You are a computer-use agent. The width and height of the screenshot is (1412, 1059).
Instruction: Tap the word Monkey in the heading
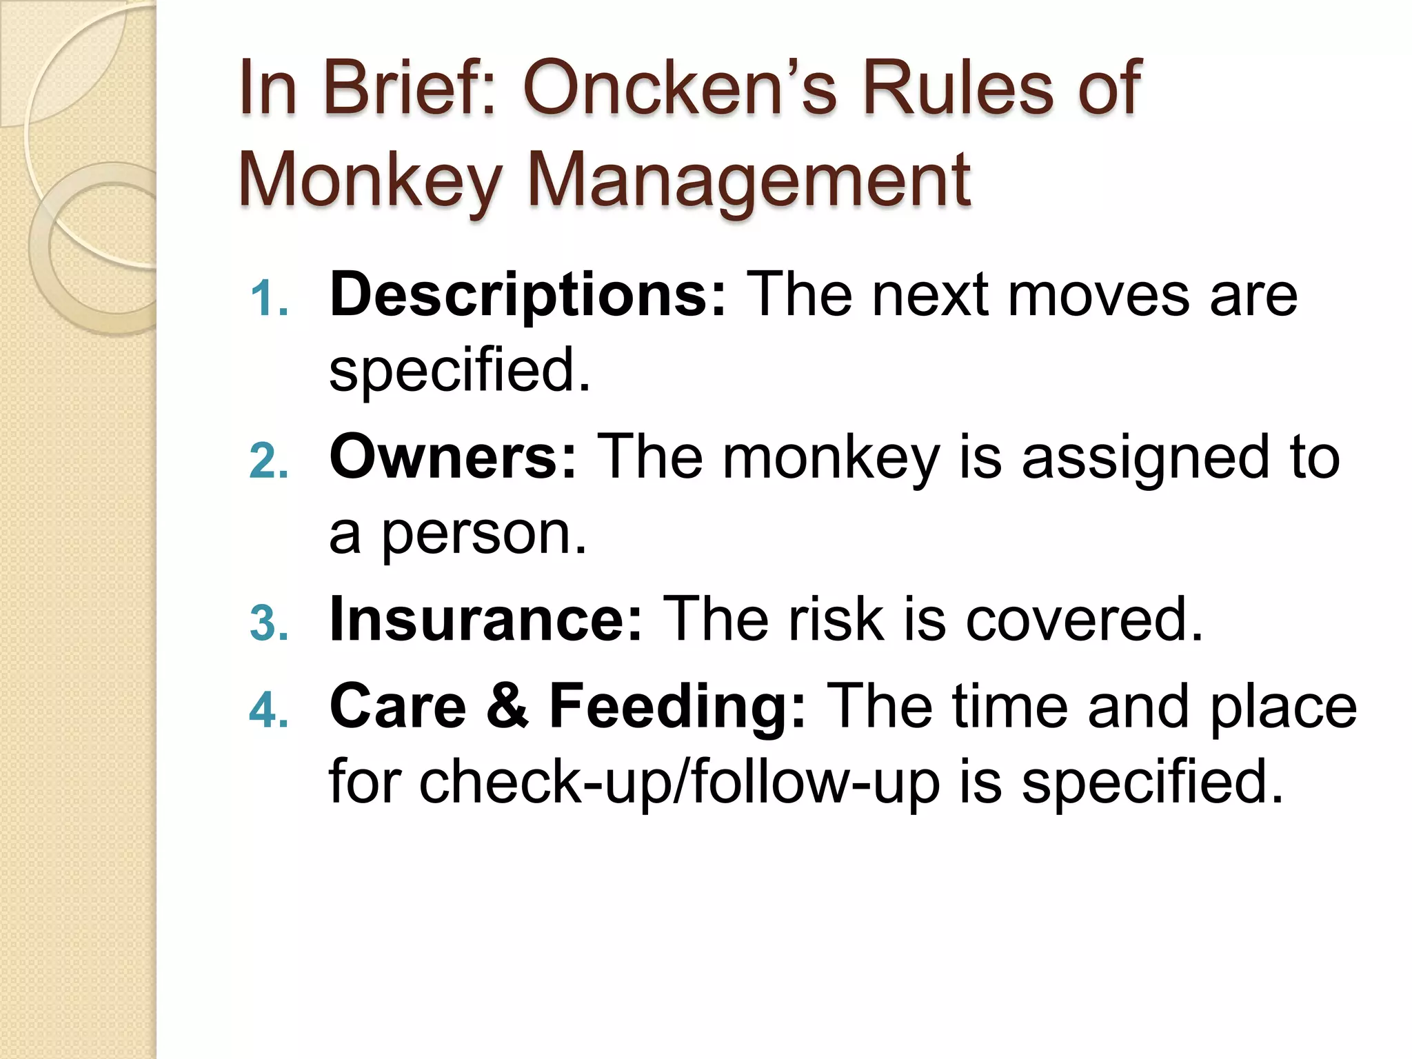coord(370,181)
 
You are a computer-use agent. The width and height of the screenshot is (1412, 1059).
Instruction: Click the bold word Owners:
coord(452,458)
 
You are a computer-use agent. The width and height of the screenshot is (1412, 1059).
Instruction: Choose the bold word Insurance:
coord(486,620)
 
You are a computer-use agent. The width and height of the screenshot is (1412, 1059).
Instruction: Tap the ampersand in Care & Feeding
coord(507,707)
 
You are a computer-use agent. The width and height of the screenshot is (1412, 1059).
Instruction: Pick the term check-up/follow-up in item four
coord(680,783)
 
